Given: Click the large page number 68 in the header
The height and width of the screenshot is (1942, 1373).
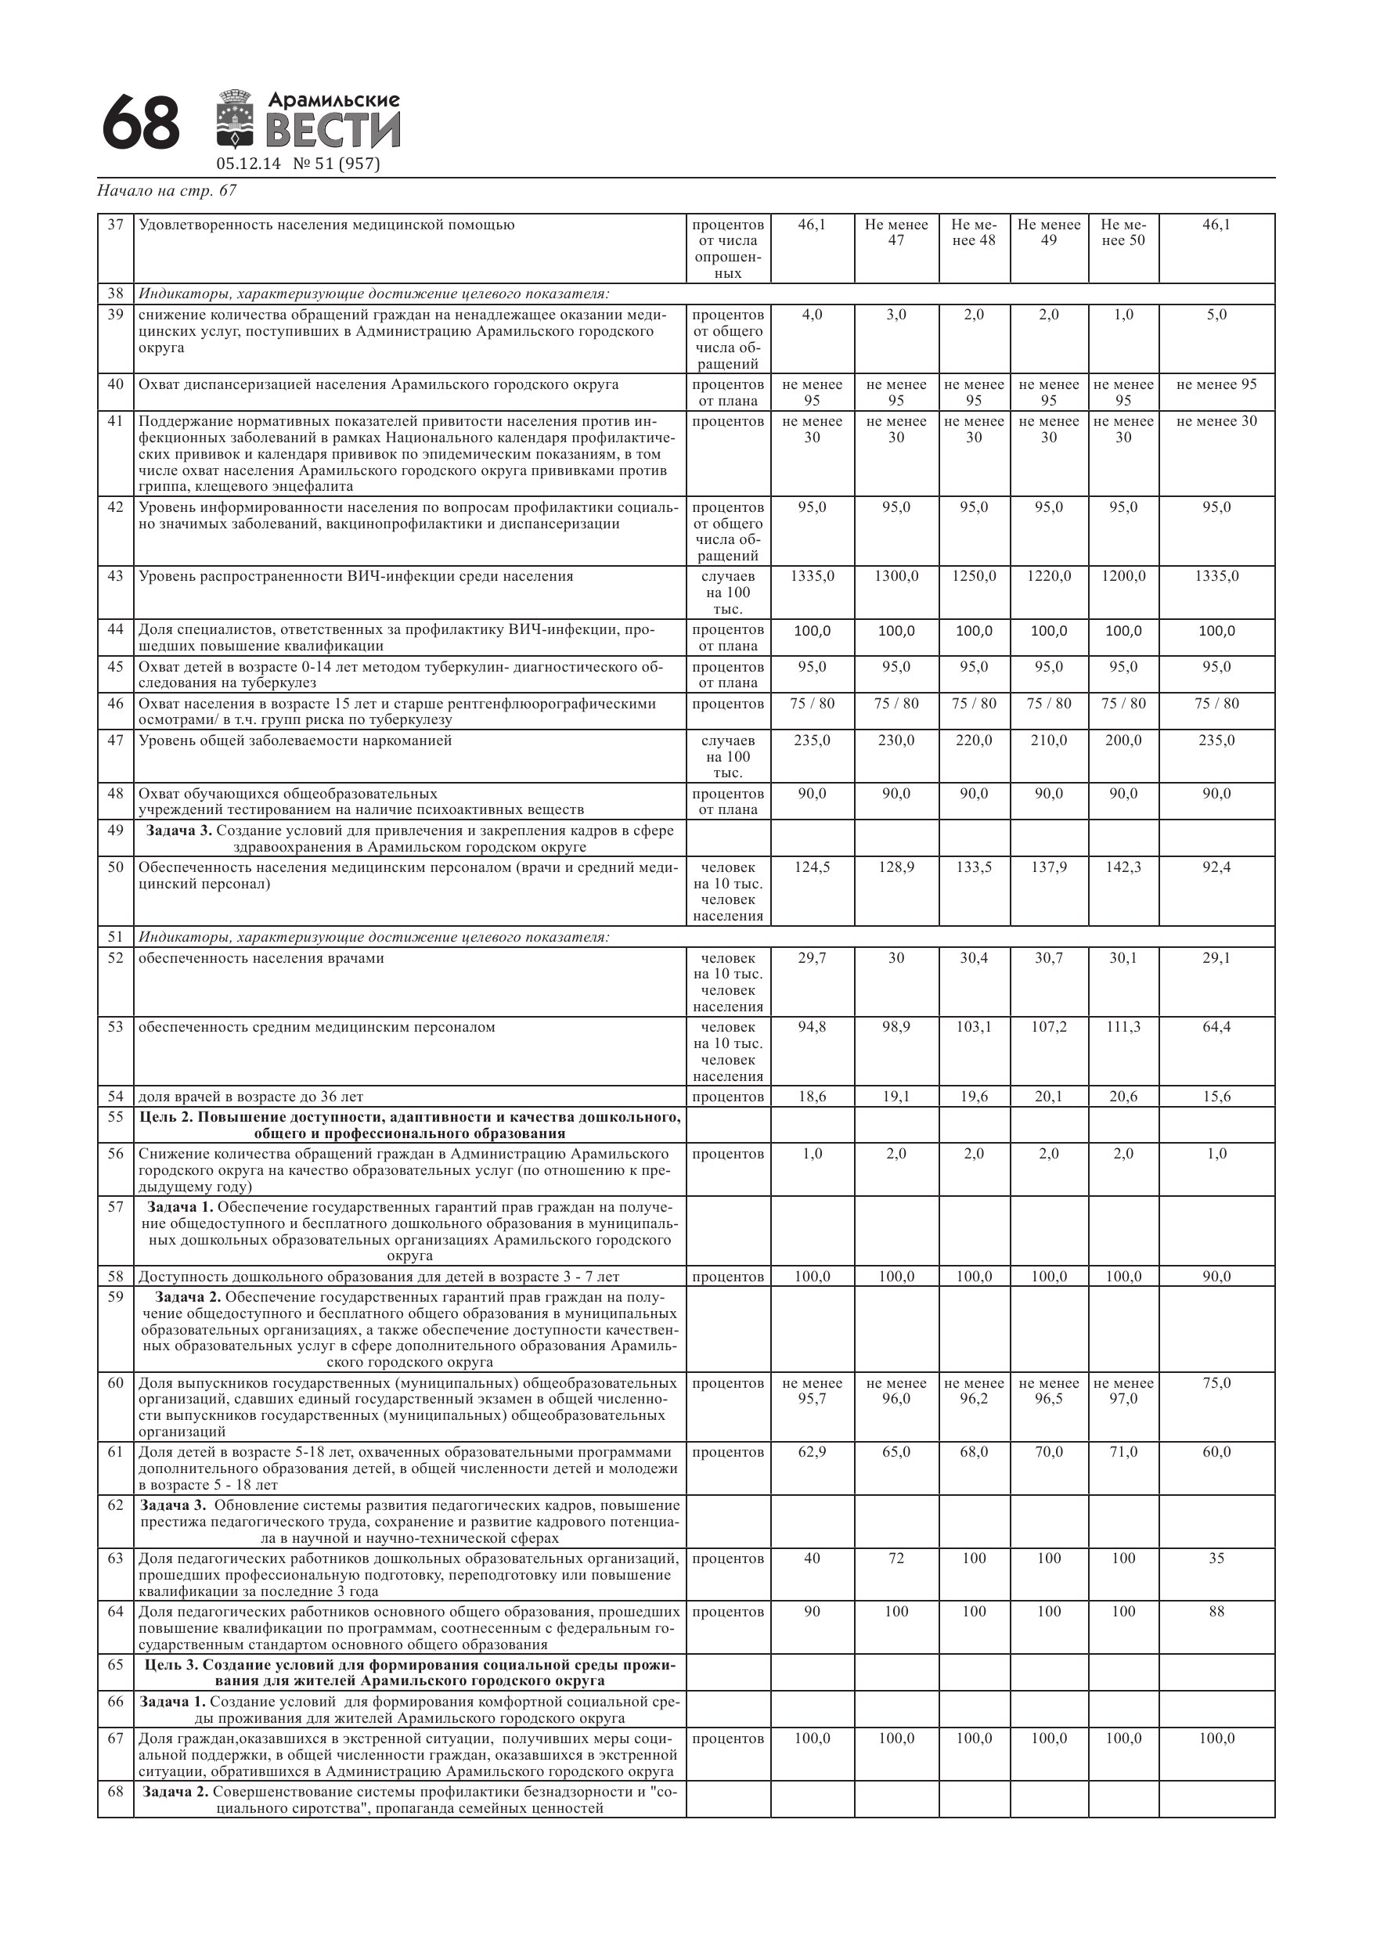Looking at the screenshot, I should [x=140, y=124].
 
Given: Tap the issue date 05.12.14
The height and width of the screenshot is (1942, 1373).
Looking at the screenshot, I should [x=248, y=164].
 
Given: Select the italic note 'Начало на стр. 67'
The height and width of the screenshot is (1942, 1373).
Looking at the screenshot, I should [x=167, y=191].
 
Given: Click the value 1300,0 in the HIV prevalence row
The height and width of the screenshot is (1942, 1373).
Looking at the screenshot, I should [x=896, y=577].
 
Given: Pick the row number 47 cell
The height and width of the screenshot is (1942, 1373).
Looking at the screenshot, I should [x=115, y=741].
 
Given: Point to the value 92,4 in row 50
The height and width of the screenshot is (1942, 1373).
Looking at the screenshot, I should [x=1216, y=868].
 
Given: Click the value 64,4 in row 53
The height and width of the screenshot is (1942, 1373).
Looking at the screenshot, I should [x=1216, y=1028].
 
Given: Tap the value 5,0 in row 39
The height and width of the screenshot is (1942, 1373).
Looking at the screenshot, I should [x=1216, y=315].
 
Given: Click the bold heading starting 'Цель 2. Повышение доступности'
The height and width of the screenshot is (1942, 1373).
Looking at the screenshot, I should [x=409, y=1126].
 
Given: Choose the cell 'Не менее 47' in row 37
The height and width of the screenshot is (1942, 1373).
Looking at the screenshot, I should [x=896, y=232].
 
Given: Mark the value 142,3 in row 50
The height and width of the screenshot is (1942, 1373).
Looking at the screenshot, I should [x=1123, y=868].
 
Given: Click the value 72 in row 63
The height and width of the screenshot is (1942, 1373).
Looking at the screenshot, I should [x=896, y=1558].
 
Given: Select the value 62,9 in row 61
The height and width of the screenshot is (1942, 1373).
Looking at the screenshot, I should [x=811, y=1452].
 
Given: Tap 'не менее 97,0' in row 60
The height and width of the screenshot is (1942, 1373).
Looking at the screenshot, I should [x=1123, y=1392].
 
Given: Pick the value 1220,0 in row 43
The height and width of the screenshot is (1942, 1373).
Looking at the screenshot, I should [x=1048, y=577].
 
